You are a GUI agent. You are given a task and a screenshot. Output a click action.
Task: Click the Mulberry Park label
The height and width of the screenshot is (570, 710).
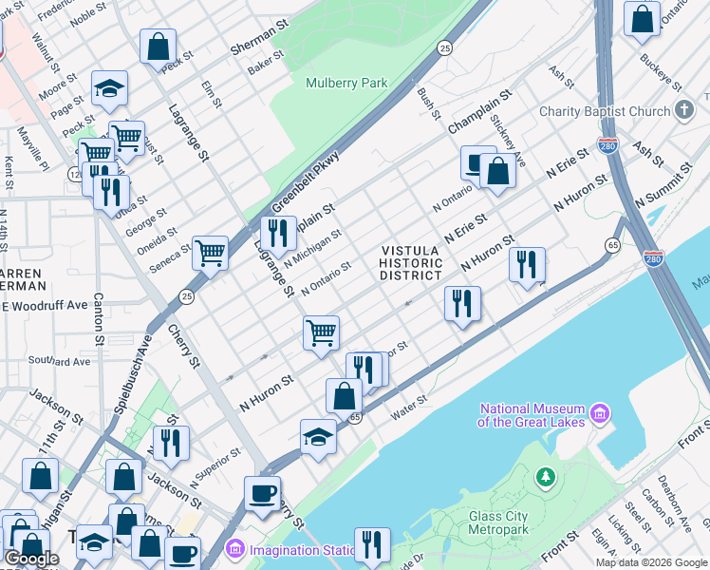point(346,83)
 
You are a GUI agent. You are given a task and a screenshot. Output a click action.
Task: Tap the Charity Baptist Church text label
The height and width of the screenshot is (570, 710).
point(604,111)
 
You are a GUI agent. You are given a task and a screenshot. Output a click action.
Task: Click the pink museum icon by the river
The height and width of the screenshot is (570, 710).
point(599,413)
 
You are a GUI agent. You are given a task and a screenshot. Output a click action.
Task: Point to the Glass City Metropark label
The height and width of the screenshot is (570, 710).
point(511,522)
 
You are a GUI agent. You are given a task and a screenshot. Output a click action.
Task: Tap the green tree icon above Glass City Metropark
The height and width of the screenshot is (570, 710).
point(546,476)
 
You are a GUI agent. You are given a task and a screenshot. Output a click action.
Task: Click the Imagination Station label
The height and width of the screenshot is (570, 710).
point(298,548)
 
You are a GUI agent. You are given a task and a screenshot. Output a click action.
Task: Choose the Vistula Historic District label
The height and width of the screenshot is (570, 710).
point(411,263)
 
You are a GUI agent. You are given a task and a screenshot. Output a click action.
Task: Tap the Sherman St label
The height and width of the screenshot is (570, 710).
point(258,41)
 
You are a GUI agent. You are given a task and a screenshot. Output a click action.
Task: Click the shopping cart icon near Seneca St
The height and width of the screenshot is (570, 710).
point(210,253)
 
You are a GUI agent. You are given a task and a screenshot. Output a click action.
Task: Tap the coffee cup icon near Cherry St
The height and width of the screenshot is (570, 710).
point(262,494)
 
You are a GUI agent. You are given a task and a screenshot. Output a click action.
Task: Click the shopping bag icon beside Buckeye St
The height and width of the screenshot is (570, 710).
point(642,20)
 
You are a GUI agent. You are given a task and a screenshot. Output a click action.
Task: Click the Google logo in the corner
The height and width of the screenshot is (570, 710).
point(31,559)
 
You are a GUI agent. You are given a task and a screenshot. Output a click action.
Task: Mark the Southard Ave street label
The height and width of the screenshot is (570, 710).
point(59,361)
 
